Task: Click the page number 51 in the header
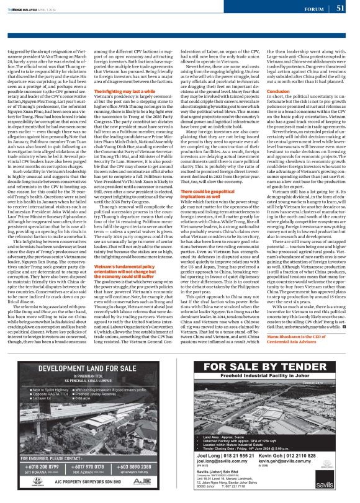coord(341,8)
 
